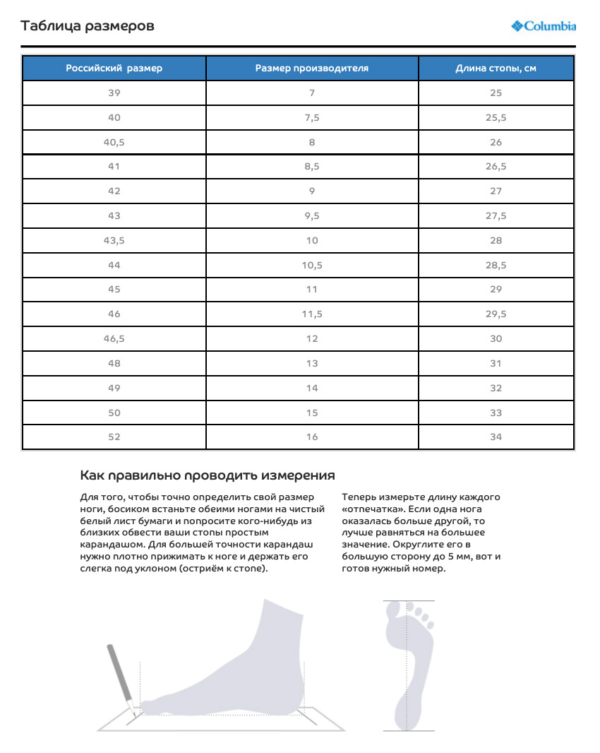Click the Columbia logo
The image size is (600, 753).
coord(544,26)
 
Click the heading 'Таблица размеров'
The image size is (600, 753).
coord(88,26)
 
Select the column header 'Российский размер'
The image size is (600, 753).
coord(114,69)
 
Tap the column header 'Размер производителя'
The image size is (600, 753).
coord(312,69)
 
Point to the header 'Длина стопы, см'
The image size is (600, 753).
coord(496,69)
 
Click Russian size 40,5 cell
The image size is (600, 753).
coord(114,142)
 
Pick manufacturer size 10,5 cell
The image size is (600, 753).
coord(312,265)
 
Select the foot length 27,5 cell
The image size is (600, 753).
coord(496,215)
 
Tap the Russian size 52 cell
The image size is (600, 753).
coord(114,437)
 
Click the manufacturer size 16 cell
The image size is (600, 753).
coord(312,437)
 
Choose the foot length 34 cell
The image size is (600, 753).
coord(496,437)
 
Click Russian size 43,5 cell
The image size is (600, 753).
coord(114,240)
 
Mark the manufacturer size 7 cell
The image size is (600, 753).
coord(312,93)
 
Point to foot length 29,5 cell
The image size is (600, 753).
coord(496,314)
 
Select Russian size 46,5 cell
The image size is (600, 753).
coord(114,338)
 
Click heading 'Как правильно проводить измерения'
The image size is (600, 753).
coord(208,475)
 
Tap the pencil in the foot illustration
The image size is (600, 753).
coord(120,678)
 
